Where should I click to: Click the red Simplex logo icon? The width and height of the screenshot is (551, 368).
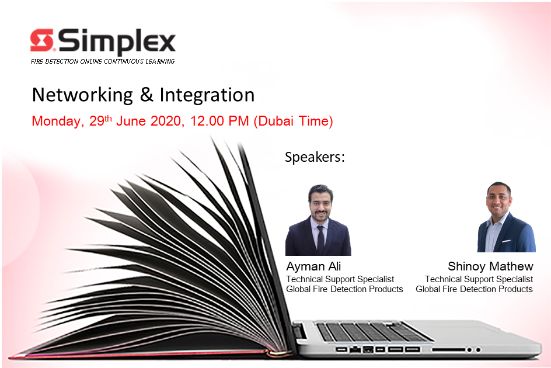click(x=42, y=40)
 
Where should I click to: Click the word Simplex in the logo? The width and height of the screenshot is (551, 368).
click(x=117, y=42)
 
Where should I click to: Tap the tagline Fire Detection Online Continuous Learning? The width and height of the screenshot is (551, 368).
click(x=103, y=61)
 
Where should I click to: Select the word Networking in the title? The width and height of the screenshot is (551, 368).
click(x=82, y=95)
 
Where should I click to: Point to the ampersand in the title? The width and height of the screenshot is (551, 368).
click(x=147, y=95)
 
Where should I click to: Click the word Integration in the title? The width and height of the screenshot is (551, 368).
click(x=207, y=95)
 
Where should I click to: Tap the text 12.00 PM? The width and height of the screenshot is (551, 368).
click(x=219, y=121)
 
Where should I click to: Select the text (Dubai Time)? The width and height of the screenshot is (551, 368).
click(x=293, y=121)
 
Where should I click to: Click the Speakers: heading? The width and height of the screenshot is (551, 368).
click(x=315, y=157)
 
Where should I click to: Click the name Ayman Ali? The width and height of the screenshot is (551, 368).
click(x=313, y=266)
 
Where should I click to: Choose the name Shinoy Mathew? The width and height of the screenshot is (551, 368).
click(x=490, y=266)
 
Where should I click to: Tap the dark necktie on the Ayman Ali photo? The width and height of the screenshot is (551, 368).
click(x=320, y=239)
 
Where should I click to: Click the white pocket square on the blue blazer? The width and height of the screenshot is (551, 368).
click(x=506, y=241)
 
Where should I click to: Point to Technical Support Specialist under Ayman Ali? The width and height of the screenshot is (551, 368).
click(x=340, y=279)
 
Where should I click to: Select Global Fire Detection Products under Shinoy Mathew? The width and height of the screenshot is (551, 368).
click(x=474, y=289)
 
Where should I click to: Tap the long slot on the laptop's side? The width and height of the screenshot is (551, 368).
click(x=448, y=350)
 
